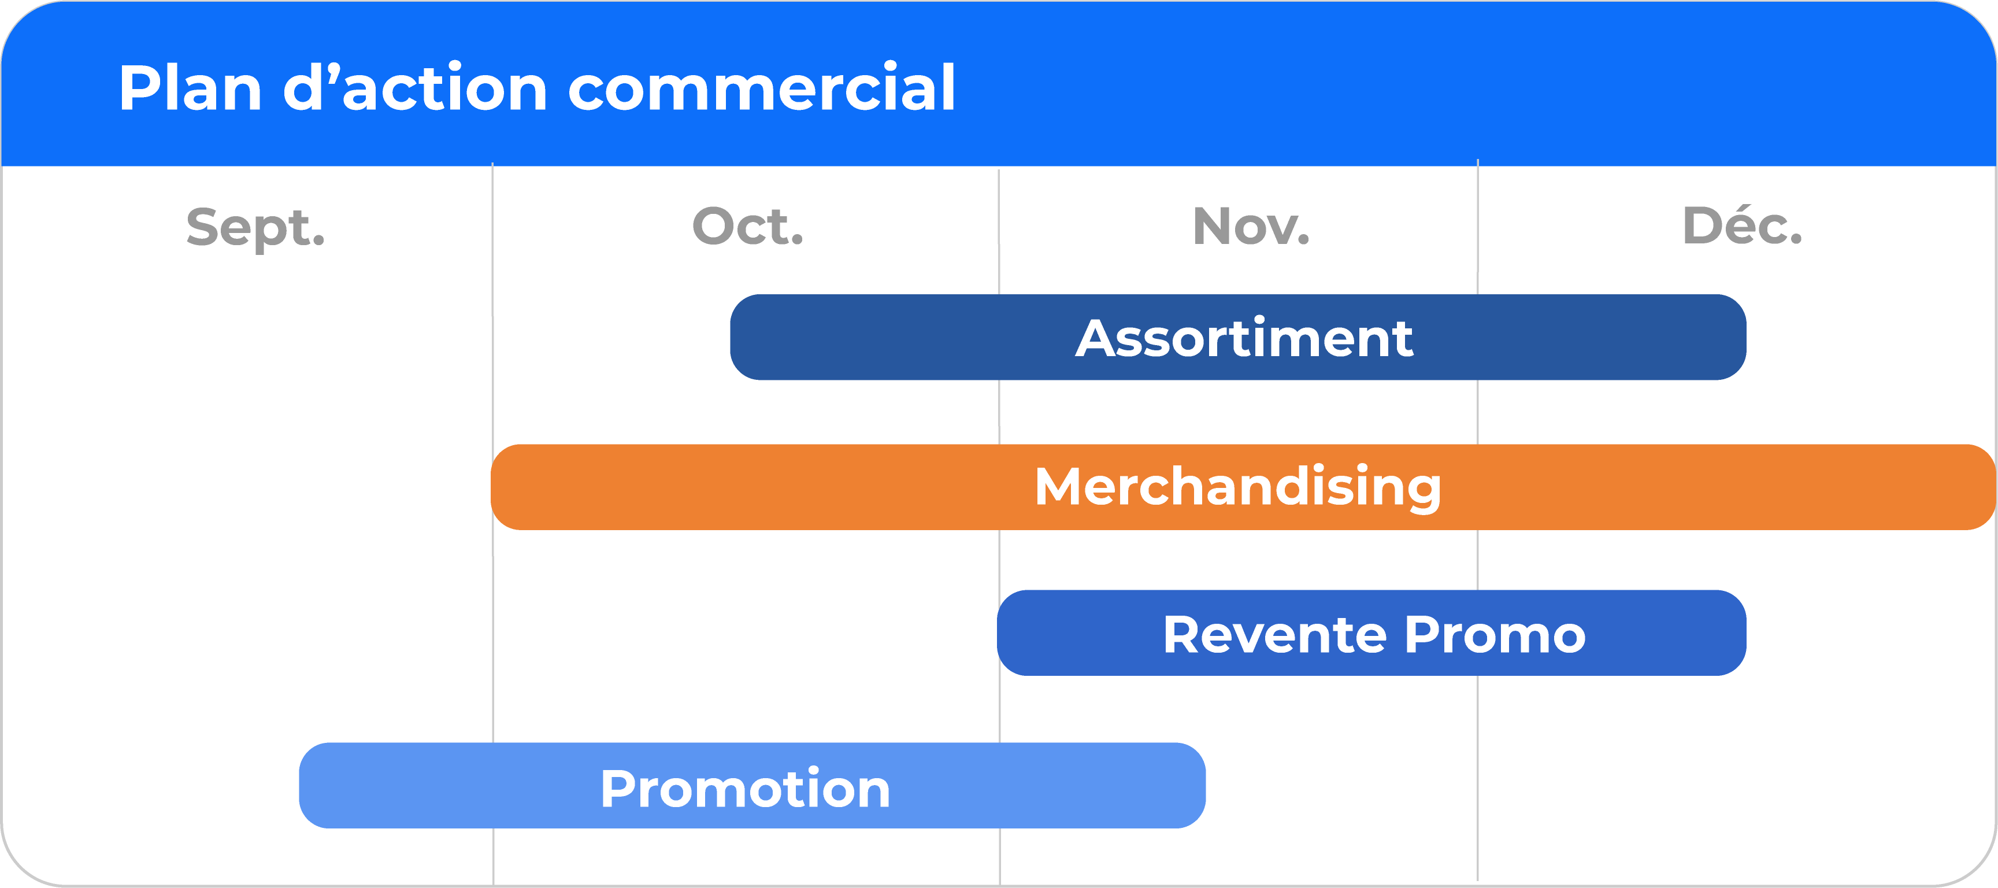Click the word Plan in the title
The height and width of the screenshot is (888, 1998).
[191, 88]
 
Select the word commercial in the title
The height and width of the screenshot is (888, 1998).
[762, 88]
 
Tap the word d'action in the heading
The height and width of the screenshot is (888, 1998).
[415, 88]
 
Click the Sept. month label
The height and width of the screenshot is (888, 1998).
[255, 228]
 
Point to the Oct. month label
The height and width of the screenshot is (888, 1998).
[748, 227]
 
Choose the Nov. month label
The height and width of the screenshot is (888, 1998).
[1251, 227]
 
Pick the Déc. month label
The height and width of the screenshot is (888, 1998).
[1742, 225]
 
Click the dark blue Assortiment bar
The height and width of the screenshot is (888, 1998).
[1238, 338]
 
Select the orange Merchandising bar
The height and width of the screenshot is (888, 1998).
[1243, 487]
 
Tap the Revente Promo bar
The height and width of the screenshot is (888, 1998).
[1371, 633]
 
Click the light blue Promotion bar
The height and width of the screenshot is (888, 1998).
[753, 786]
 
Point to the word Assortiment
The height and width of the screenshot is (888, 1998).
[1244, 338]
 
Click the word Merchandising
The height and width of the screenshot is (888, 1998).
[1238, 487]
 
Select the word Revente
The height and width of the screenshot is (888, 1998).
[1275, 634]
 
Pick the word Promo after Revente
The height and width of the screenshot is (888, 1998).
[1495, 634]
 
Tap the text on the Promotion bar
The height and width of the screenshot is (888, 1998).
[746, 789]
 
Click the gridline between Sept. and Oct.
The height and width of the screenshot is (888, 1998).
[492, 524]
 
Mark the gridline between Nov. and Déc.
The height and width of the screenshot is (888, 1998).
[1478, 520]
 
